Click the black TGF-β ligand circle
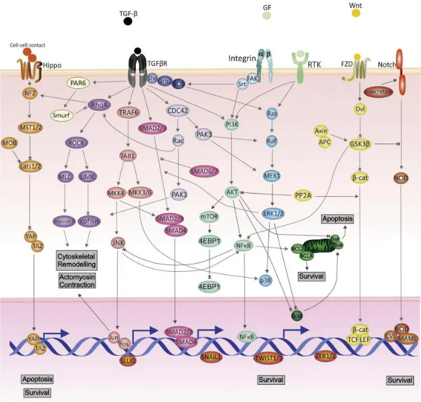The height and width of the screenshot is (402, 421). tap(128, 21)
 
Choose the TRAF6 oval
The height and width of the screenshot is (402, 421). tap(129, 111)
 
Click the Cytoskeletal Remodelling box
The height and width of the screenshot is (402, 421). tap(76, 260)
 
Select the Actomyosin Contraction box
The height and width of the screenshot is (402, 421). tap(76, 281)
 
